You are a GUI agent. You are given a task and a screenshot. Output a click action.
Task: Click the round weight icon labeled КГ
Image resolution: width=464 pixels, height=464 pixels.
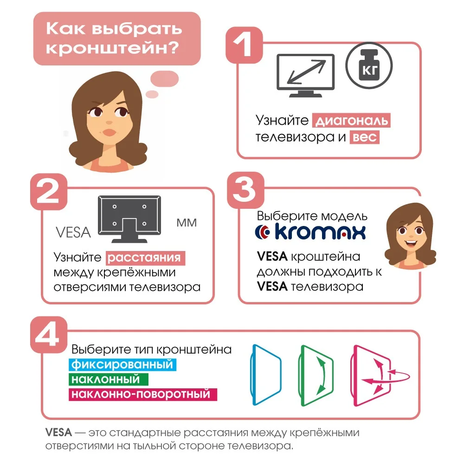pyautogui.click(x=369, y=65)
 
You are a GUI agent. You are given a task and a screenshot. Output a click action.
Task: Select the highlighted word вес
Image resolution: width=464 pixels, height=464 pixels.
pyautogui.click(x=365, y=137)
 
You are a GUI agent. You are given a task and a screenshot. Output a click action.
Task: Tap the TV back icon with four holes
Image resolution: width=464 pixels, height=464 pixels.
pyautogui.click(x=130, y=219)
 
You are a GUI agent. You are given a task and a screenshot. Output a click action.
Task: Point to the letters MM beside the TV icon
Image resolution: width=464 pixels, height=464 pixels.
pyautogui.click(x=187, y=223)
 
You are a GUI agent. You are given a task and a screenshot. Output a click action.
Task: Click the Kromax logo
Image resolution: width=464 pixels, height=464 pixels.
pyautogui.click(x=311, y=232)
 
